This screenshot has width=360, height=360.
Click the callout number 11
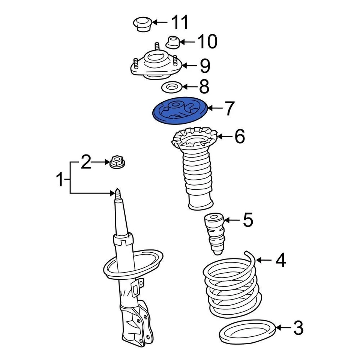tap(179, 23)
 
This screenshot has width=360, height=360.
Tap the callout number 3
tap(297, 328)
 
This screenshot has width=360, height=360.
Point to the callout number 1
tap(60, 180)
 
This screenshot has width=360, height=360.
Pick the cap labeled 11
tap(141, 24)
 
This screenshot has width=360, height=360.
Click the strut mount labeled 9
tap(156, 66)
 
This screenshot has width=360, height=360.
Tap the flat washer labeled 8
tap(171, 88)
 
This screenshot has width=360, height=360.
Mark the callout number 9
tap(205, 66)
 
